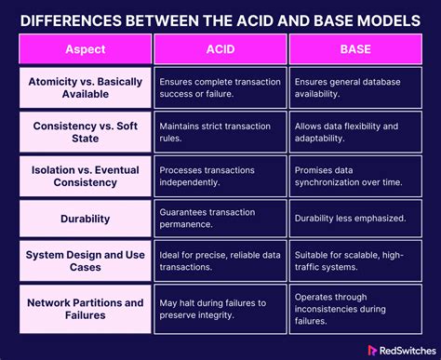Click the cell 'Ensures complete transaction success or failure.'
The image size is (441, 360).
click(220, 87)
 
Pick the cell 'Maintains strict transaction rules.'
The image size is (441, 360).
click(220, 131)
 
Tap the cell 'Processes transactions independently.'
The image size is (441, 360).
click(220, 176)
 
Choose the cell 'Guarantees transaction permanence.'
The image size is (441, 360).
click(220, 220)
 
